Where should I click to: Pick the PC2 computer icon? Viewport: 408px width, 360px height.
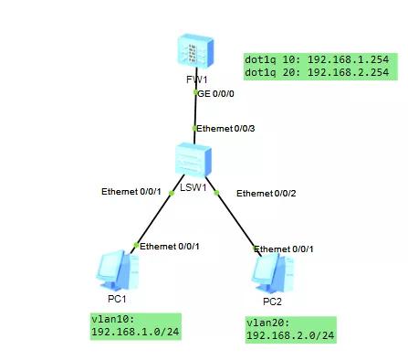[273, 270]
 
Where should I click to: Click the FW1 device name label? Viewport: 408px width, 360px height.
[195, 80]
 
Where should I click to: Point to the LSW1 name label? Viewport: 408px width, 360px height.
[194, 187]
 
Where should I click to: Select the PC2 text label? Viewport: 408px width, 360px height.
[273, 301]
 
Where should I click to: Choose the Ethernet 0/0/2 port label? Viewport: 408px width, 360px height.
[267, 194]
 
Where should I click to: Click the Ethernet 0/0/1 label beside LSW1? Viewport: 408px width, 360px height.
[131, 191]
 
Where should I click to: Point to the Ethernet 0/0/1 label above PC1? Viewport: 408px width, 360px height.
[169, 247]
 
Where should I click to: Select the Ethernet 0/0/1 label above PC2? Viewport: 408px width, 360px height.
[285, 249]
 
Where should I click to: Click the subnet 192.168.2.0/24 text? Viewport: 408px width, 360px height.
[291, 335]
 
